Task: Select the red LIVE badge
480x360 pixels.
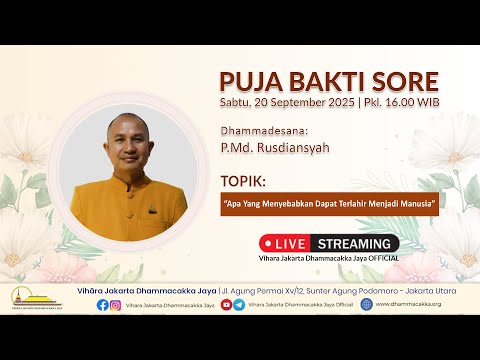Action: (287, 243)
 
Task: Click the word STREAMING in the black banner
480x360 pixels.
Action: (354, 243)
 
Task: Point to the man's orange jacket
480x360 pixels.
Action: (130, 205)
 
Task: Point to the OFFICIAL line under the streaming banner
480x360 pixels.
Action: (329, 257)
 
